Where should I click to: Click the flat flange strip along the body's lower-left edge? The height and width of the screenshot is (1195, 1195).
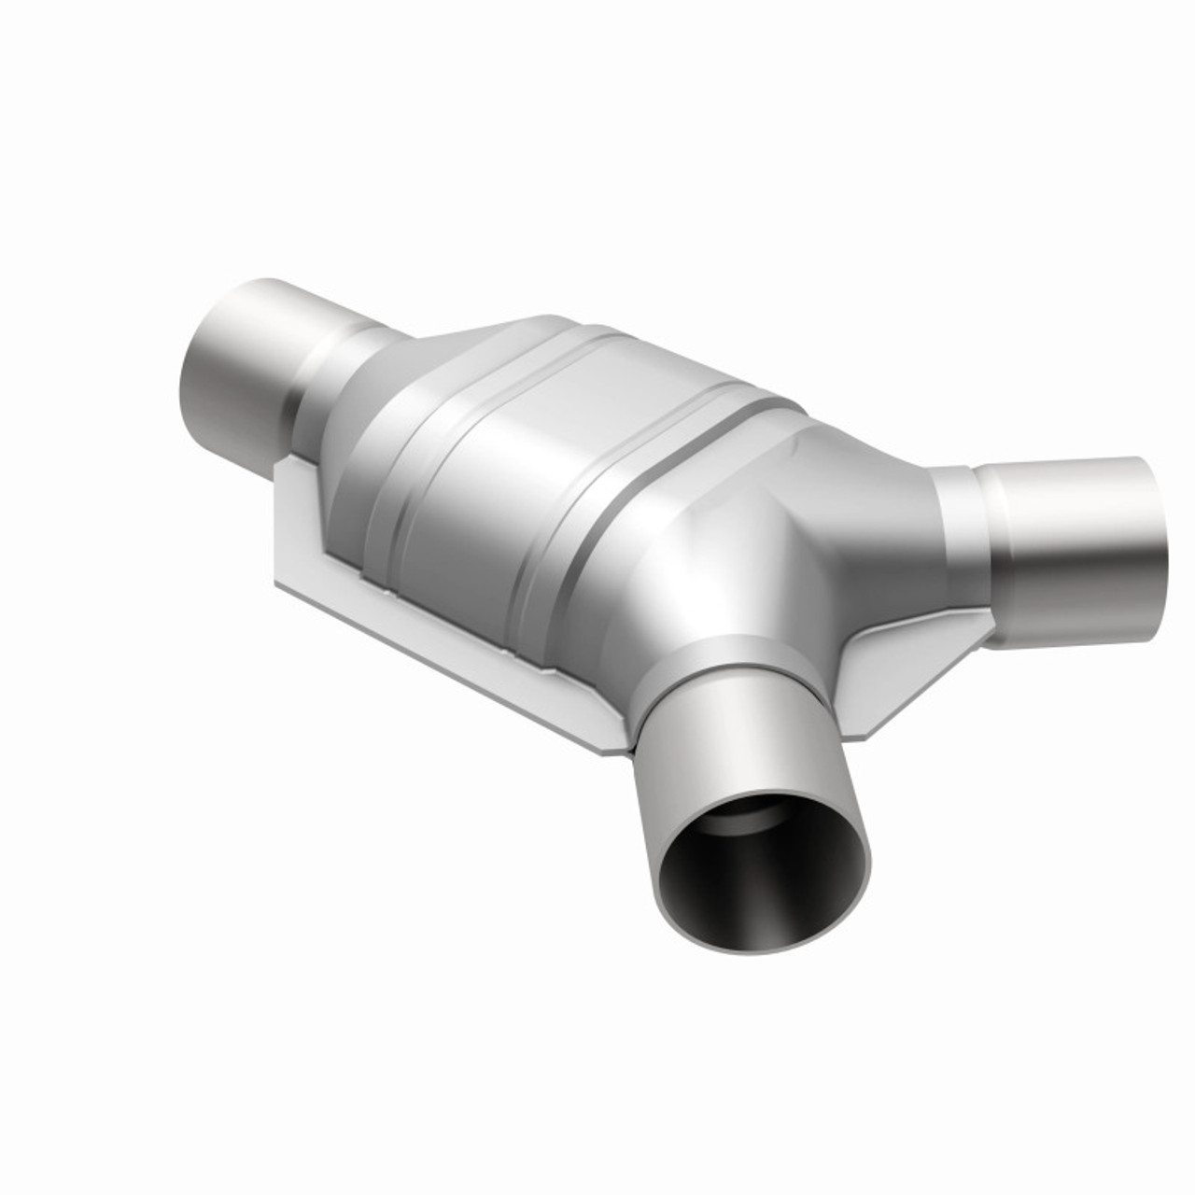tap(448, 644)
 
